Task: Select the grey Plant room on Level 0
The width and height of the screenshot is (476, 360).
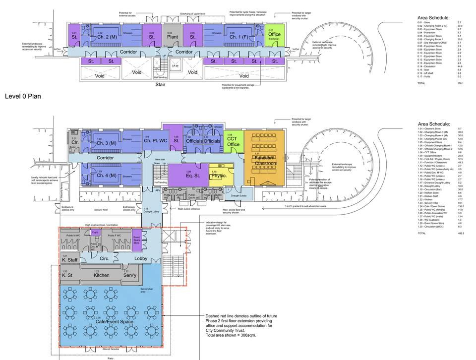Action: tap(173, 36)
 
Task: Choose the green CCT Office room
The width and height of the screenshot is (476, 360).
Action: tap(234, 141)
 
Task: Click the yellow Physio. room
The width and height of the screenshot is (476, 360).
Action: tap(219, 176)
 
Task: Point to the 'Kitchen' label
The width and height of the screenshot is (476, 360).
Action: tap(102, 275)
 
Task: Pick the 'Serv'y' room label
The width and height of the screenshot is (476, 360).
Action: tap(130, 275)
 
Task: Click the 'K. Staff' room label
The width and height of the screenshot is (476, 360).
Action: tap(70, 259)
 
